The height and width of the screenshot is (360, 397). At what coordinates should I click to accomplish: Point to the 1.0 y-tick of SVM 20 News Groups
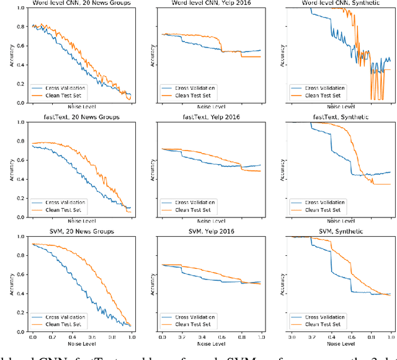20,237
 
